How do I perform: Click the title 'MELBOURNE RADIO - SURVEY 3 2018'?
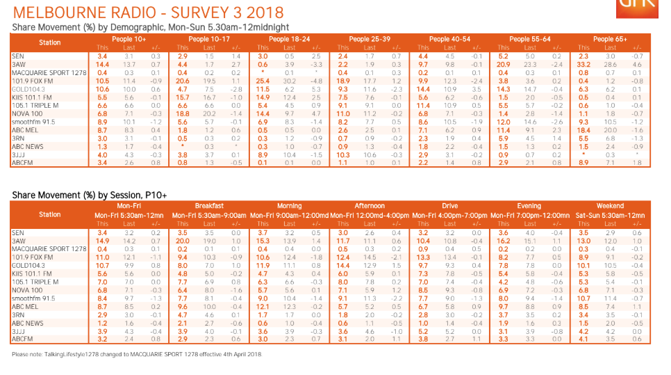click(148, 13)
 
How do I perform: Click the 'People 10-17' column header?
click(208, 39)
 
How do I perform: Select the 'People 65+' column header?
click(609, 39)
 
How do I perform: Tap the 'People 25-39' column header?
click(369, 39)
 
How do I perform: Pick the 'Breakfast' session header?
click(209, 206)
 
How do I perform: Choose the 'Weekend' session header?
click(610, 206)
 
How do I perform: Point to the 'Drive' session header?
click(449, 206)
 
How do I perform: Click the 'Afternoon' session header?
click(369, 206)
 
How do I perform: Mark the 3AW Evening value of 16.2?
click(504, 240)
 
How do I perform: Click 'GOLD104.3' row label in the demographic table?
click(28, 88)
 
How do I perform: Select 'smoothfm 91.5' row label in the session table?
click(33, 298)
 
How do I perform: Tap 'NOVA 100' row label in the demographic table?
click(26, 113)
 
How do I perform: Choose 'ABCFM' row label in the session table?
click(22, 340)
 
